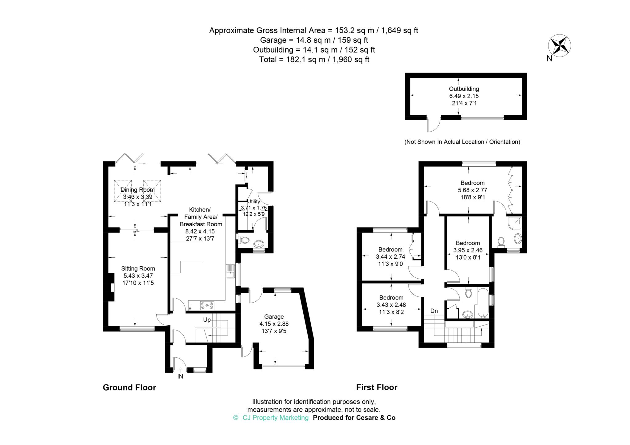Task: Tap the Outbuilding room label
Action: click(464, 89)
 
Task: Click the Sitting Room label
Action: click(138, 268)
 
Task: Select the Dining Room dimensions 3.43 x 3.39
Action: click(138, 197)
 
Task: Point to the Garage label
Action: click(274, 316)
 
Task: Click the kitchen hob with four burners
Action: click(207, 305)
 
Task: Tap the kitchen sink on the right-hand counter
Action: click(230, 271)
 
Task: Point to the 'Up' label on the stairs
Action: click(207, 320)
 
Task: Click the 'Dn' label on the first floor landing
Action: click(434, 311)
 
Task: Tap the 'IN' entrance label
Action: click(180, 376)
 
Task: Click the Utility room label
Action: click(254, 201)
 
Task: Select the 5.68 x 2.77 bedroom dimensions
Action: click(472, 190)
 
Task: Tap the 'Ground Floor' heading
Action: click(130, 387)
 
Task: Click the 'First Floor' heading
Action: click(377, 387)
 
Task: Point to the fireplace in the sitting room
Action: click(111, 287)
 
